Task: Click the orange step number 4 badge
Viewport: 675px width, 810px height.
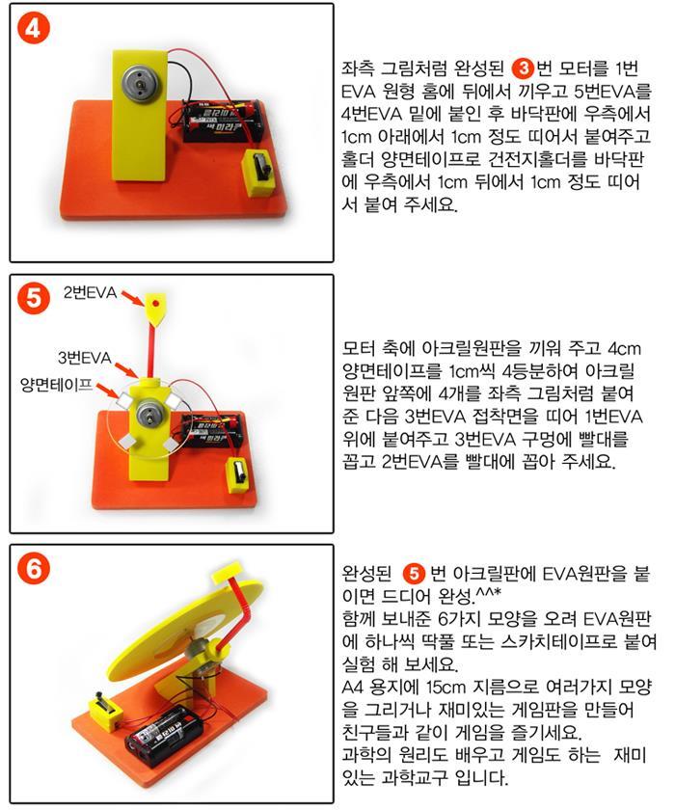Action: [x=33, y=28]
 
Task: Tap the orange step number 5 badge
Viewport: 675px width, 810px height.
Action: [x=33, y=299]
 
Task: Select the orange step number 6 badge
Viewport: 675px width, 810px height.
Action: [x=33, y=569]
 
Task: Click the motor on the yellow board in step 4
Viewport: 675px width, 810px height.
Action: [x=140, y=82]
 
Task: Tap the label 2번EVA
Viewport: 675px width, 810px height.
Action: [x=90, y=293]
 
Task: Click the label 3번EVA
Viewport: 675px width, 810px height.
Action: [x=84, y=358]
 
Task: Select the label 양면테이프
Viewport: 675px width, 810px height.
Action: [x=56, y=385]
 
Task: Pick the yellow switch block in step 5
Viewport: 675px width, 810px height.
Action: [x=237, y=474]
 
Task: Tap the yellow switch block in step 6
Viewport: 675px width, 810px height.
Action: [x=105, y=712]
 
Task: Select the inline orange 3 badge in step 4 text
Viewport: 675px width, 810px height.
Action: [x=524, y=68]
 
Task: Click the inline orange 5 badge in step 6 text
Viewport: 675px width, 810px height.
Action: [x=413, y=574]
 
